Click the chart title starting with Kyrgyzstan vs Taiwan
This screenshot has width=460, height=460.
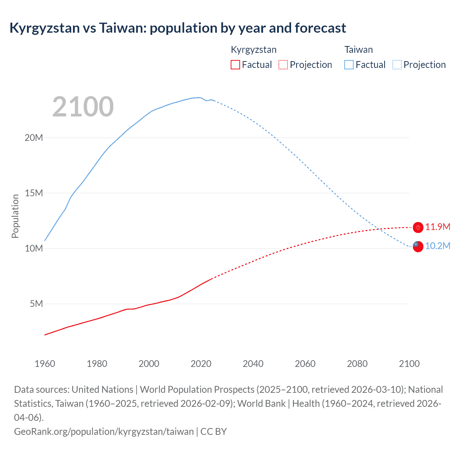click(x=178, y=28)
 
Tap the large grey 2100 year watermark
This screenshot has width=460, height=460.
click(x=83, y=107)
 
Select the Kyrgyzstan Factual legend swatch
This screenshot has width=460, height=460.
click(x=235, y=65)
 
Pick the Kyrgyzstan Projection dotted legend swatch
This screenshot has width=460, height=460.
click(x=283, y=65)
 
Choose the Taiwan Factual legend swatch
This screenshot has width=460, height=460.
click(x=349, y=65)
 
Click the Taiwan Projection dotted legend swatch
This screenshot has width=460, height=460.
click(x=397, y=65)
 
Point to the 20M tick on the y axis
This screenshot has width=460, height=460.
click(x=34, y=138)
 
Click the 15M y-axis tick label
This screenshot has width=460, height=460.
click(x=34, y=193)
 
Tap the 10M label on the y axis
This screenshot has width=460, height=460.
click(x=34, y=248)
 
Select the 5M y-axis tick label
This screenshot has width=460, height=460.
click(x=36, y=304)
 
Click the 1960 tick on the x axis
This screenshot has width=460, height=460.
click(x=45, y=364)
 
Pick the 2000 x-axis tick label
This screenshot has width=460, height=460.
click(x=149, y=364)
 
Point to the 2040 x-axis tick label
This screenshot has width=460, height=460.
click(x=253, y=364)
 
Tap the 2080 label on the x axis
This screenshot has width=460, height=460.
click(x=357, y=364)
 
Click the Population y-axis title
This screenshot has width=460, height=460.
click(x=15, y=216)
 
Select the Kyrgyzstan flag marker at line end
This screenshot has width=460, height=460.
click(x=418, y=227)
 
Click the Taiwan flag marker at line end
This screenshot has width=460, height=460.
click(x=418, y=246)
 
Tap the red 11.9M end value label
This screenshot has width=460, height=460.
click(x=438, y=227)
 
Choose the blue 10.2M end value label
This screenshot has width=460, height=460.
click(x=438, y=246)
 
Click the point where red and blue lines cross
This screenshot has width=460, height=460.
click(x=378, y=229)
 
